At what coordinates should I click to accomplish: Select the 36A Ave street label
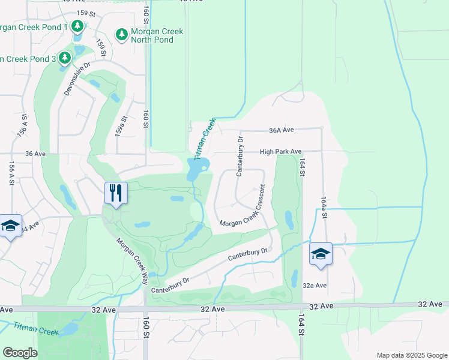point(281,130)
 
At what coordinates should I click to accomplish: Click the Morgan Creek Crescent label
point(243,215)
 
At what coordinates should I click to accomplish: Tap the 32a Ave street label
point(315,285)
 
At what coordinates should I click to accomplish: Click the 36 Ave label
point(36,154)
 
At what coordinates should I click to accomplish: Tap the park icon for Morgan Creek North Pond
point(122,35)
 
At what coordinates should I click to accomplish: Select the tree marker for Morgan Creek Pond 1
point(77,26)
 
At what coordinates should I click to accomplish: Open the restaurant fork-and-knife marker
point(114,193)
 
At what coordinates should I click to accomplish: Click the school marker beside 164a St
point(321,253)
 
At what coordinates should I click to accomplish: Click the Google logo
point(20,352)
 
